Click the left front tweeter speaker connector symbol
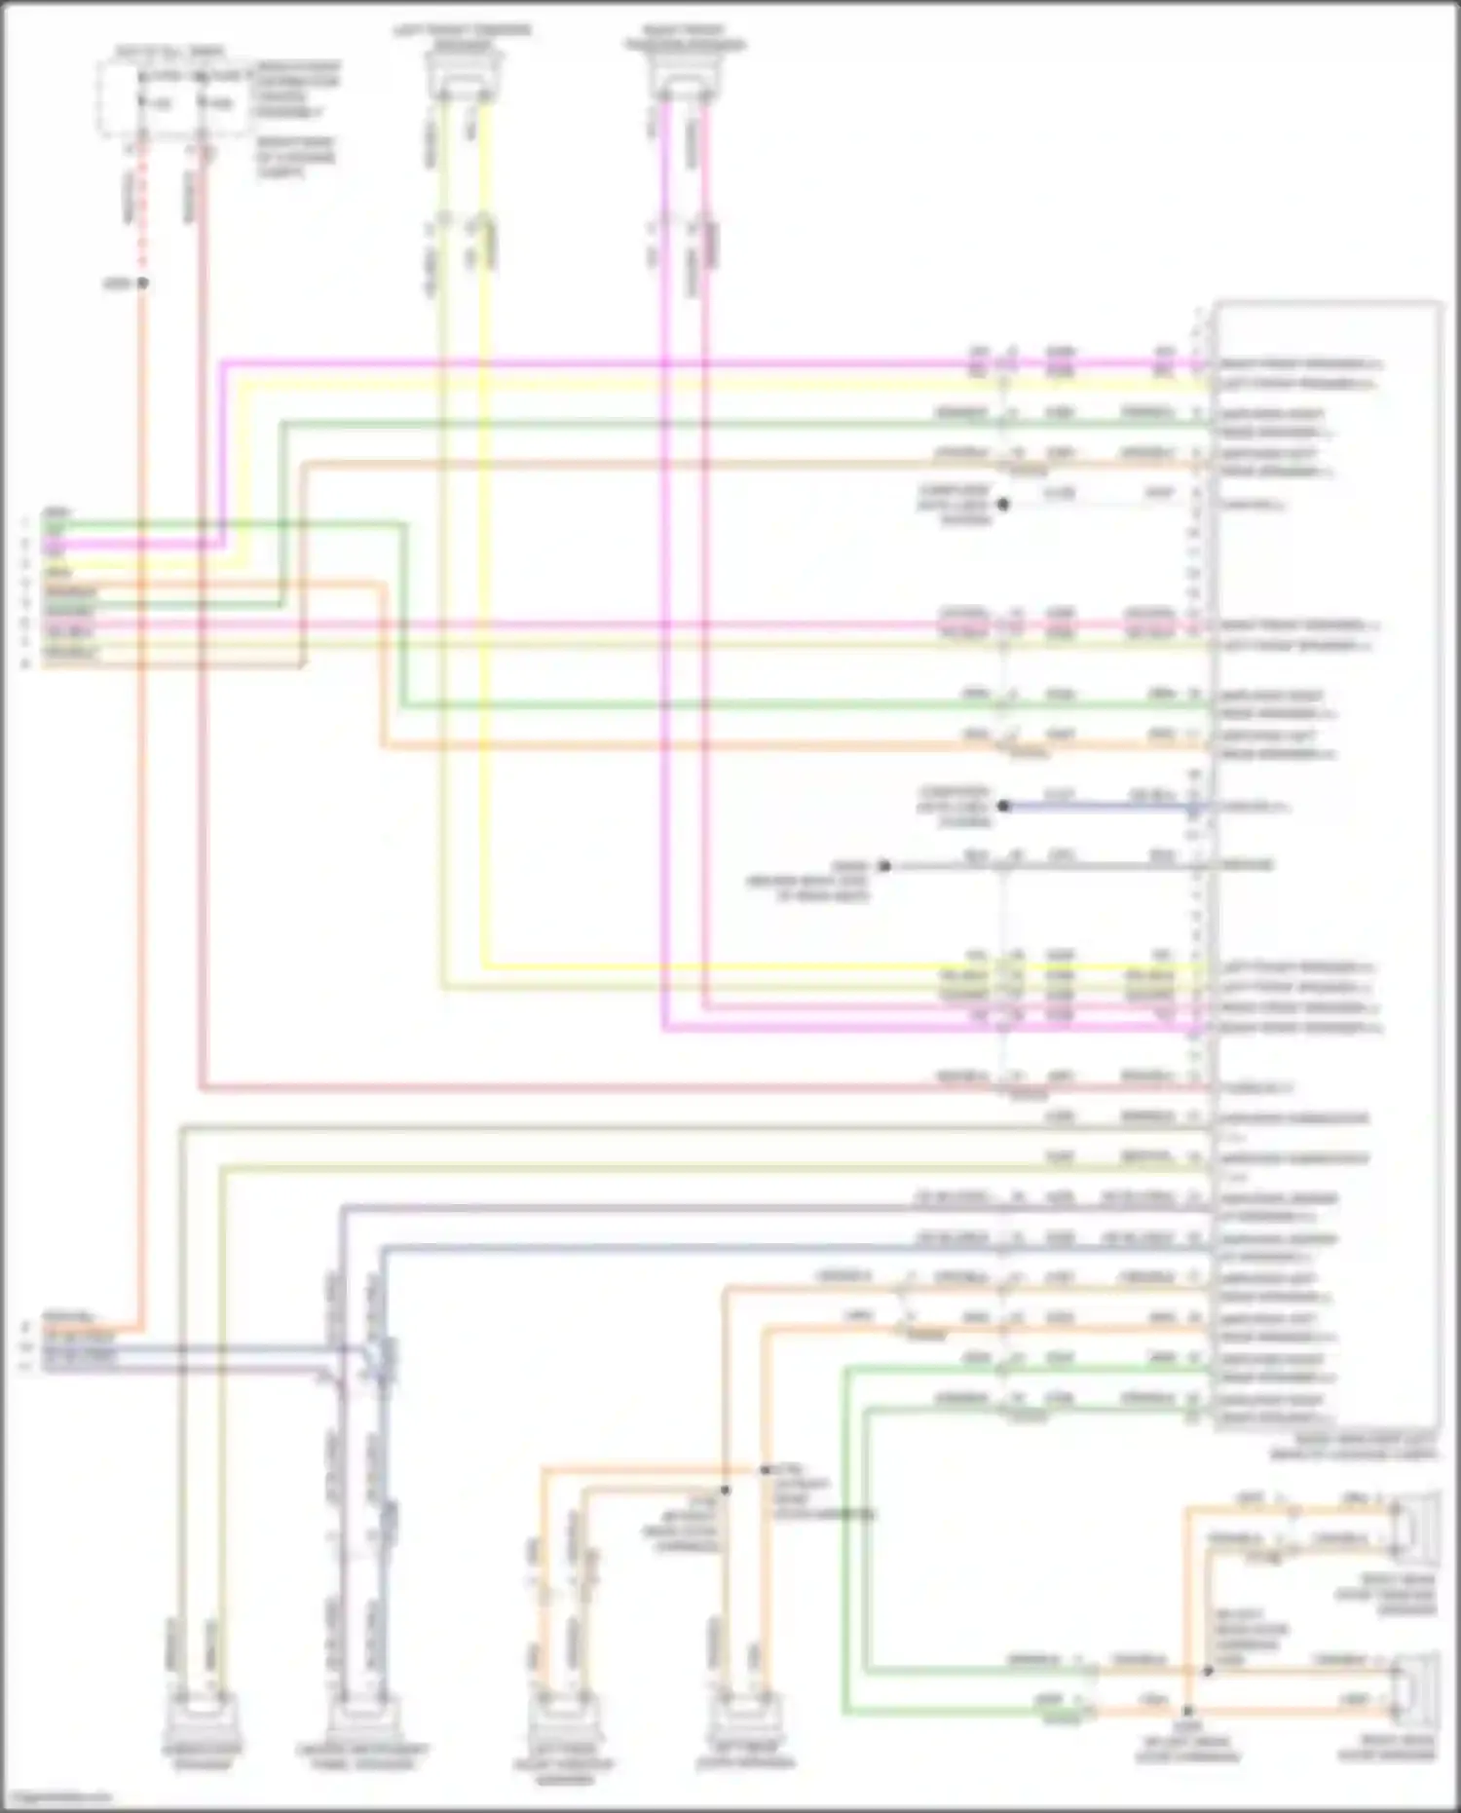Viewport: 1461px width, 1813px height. point(464,75)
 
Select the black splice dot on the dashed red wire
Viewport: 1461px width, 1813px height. point(142,283)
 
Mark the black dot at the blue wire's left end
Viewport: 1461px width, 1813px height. point(1003,807)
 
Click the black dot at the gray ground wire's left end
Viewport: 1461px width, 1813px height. point(884,865)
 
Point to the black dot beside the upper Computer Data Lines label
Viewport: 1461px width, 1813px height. point(1003,505)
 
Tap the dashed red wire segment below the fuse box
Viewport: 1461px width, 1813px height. point(142,214)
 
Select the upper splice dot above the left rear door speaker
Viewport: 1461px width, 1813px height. point(766,1469)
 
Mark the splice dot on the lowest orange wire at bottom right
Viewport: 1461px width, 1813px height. point(1187,1711)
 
